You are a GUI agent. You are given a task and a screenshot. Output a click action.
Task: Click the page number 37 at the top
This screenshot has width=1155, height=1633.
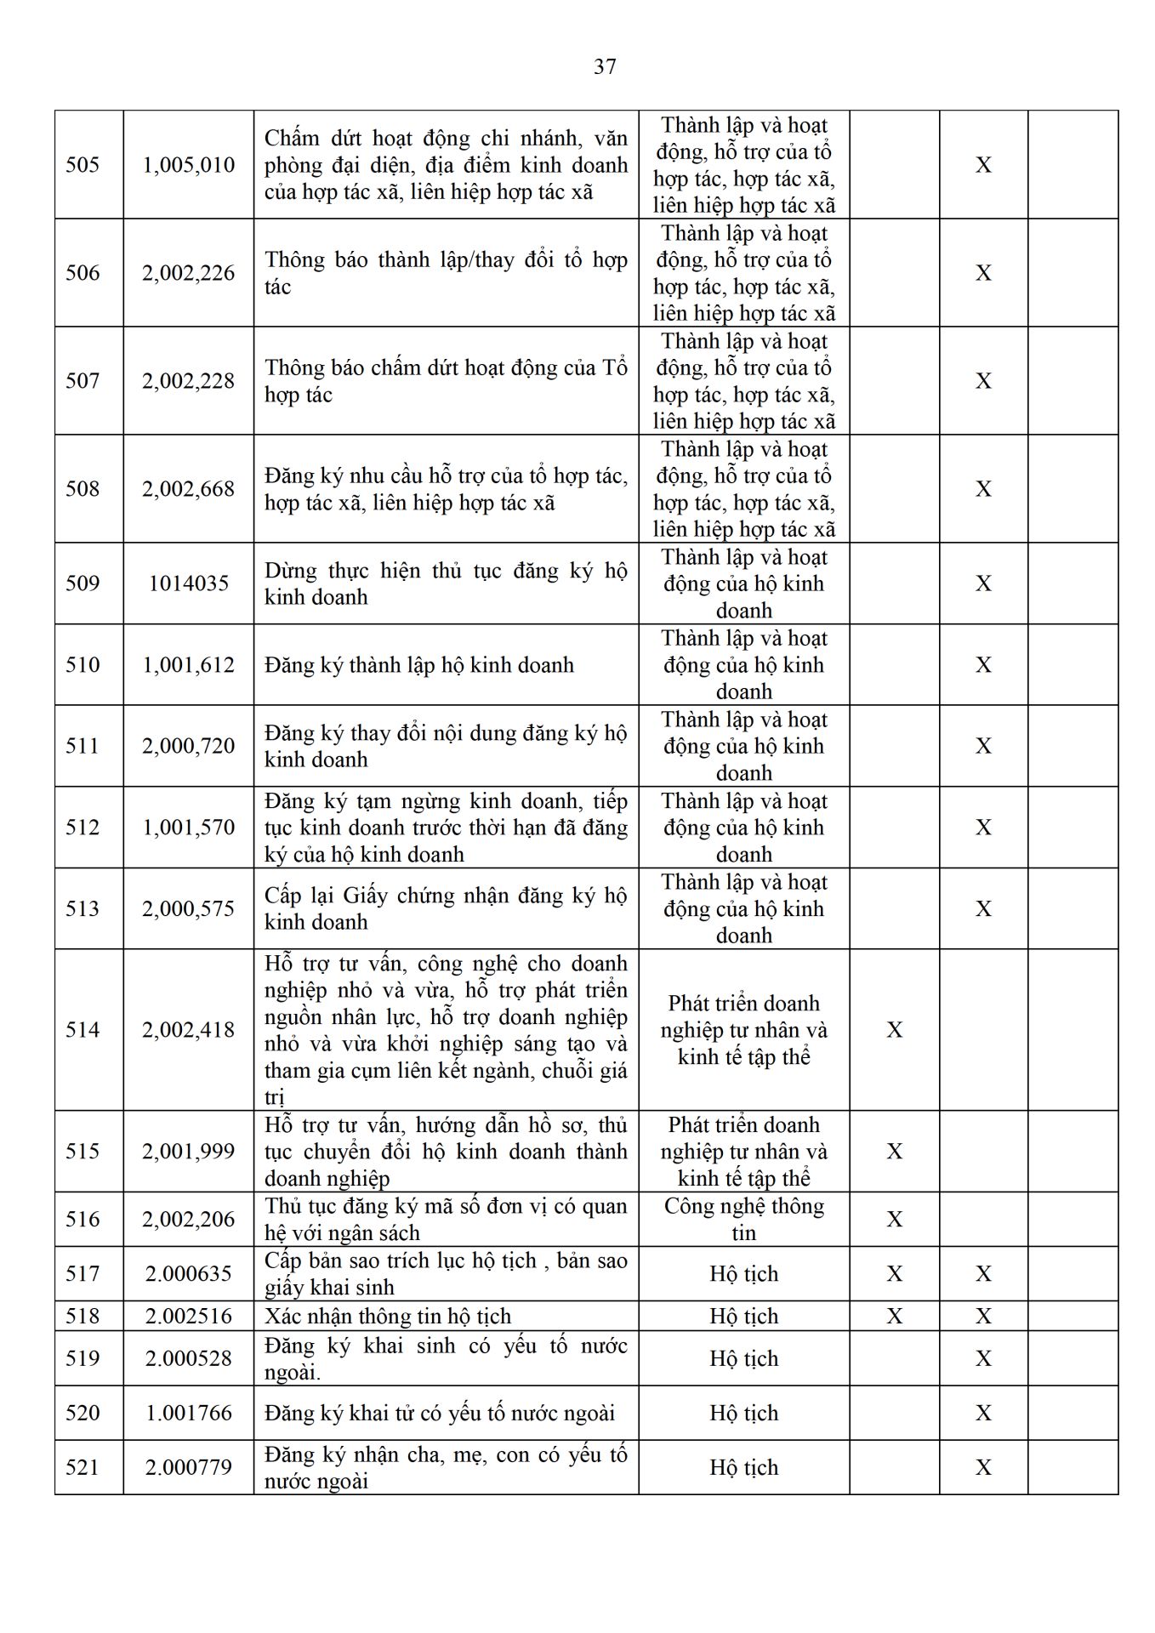point(605,66)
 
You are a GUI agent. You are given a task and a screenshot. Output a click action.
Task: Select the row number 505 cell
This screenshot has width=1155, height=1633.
point(82,164)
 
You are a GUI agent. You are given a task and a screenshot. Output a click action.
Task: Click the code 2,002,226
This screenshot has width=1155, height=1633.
point(188,272)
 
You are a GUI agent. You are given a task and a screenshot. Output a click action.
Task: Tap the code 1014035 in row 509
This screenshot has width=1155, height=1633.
point(188,583)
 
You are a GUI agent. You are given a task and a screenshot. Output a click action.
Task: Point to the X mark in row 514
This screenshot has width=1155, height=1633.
point(894,1029)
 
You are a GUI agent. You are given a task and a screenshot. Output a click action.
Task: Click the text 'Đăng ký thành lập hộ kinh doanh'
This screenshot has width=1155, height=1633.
point(419,664)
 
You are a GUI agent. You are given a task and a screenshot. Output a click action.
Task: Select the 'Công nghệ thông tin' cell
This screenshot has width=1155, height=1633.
point(743,1219)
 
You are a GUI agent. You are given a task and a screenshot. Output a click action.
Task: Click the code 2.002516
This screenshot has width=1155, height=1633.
point(188,1316)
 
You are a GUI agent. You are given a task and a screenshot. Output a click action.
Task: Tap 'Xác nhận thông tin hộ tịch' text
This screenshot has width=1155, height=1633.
point(388,1316)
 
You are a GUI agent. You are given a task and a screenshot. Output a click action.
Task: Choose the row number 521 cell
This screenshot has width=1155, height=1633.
point(82,1467)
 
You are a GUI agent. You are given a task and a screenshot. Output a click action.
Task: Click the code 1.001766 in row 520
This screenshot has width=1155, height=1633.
point(188,1413)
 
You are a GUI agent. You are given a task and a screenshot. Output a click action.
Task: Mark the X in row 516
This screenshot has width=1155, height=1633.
point(894,1219)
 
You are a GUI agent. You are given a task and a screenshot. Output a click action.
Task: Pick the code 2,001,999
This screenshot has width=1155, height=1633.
point(188,1151)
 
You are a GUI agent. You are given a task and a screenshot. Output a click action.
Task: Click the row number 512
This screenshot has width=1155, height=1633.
point(82,827)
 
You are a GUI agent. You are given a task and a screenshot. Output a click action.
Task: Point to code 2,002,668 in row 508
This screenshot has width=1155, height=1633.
point(188,488)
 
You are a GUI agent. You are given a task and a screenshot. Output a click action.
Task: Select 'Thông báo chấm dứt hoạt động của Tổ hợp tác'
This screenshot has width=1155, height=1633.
point(446,380)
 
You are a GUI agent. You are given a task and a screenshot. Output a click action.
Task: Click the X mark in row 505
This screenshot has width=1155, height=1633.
point(983,164)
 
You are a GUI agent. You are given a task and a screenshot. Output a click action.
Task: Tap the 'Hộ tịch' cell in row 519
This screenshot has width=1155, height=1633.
point(743,1358)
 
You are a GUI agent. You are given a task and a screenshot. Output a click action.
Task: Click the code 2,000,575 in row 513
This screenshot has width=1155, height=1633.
point(188,908)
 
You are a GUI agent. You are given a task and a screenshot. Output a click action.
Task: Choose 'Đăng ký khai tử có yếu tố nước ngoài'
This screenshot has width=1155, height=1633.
point(440,1413)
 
